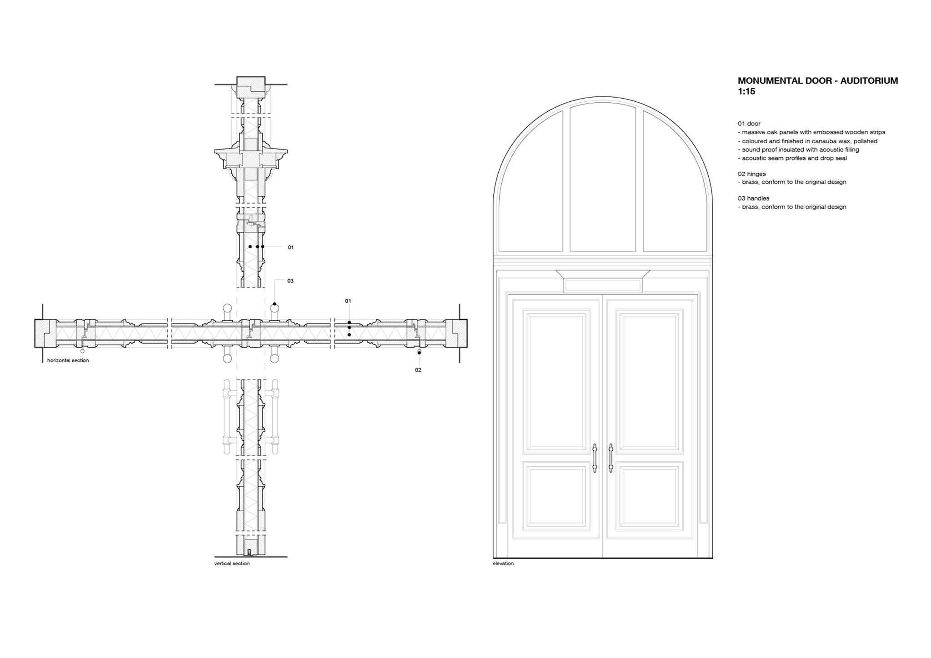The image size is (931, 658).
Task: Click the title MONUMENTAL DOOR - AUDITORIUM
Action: (818, 81)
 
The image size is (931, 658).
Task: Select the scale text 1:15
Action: (746, 91)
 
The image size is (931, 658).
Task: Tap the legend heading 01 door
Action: (749, 124)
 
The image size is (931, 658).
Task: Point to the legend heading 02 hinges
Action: (752, 174)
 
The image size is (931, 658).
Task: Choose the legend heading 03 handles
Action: (754, 199)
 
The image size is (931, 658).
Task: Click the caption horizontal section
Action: (68, 360)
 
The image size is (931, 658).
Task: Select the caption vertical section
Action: (232, 563)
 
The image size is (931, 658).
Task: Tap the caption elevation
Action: (503, 563)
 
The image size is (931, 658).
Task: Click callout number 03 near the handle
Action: (290, 281)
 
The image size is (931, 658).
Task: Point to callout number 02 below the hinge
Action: (418, 370)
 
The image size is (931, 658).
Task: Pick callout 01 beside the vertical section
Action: (291, 248)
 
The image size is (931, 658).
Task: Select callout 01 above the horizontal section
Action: (348, 301)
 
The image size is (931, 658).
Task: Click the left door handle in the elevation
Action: (595, 458)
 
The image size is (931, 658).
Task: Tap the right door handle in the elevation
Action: (611, 458)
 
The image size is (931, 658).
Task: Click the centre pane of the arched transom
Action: (603, 177)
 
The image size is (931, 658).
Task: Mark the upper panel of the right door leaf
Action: (649, 382)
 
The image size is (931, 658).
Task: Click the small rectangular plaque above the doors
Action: (603, 286)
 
